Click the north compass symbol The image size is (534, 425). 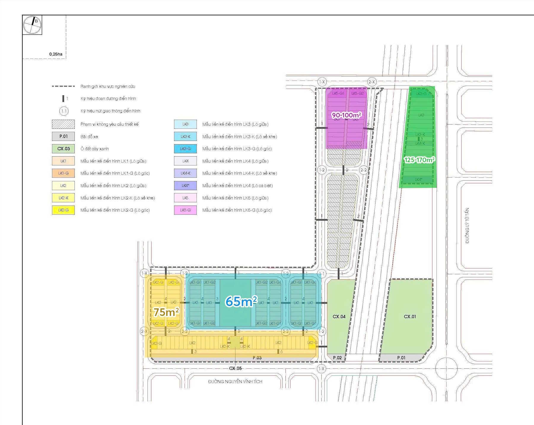(x=32, y=25)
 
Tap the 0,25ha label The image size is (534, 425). (x=56, y=54)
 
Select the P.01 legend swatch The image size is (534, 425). (x=63, y=136)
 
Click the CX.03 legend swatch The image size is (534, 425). (x=63, y=149)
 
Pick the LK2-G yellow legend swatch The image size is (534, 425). (x=63, y=210)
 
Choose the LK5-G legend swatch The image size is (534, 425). (x=185, y=210)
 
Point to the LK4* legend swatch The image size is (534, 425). (x=185, y=186)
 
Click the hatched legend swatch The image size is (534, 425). (x=63, y=124)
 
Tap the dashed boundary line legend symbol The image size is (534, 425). (x=63, y=86)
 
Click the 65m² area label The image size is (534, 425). (x=241, y=301)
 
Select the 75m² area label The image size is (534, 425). (x=166, y=312)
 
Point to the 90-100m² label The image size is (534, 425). (x=347, y=115)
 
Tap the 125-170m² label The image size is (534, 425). (x=419, y=160)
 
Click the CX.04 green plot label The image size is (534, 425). (x=339, y=316)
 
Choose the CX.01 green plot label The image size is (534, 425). (x=410, y=316)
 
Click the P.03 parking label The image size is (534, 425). (x=257, y=358)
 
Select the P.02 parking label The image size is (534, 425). (x=337, y=358)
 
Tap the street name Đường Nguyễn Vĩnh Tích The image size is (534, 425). (x=235, y=381)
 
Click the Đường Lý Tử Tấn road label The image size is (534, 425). (x=467, y=225)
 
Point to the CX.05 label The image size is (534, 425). (x=235, y=368)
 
